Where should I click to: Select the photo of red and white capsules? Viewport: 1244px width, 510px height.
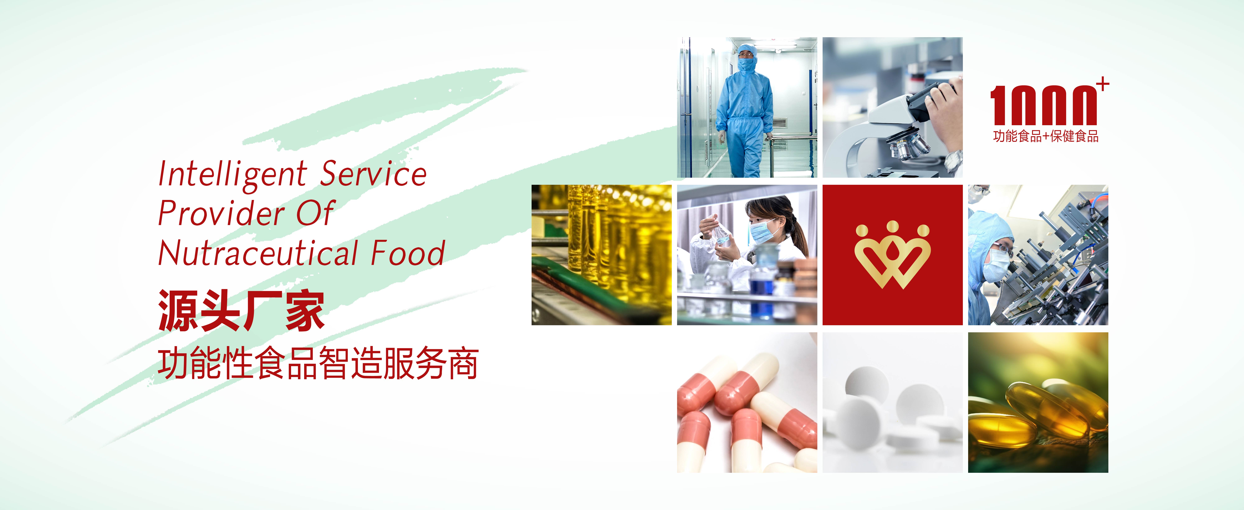(x=747, y=402)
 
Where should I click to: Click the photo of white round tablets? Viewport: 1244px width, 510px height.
(x=892, y=402)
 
